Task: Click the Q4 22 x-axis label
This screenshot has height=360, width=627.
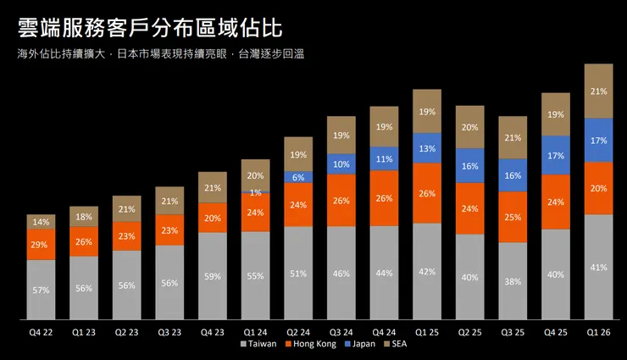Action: coord(41,332)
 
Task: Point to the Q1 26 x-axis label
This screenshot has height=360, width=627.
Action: coord(598,332)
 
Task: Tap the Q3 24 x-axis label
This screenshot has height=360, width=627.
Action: coord(341,332)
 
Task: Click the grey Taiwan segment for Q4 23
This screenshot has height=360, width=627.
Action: coord(212,276)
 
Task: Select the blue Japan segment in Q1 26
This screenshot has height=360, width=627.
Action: coord(598,140)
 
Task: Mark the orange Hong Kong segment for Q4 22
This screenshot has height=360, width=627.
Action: coord(41,244)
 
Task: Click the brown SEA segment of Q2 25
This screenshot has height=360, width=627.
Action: coord(469,127)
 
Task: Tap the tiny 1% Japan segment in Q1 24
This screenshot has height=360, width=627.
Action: coord(256,193)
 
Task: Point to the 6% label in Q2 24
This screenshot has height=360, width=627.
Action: coord(298,177)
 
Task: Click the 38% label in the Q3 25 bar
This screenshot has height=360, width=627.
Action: coord(513,281)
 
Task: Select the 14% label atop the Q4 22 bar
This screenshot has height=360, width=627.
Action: coord(41,222)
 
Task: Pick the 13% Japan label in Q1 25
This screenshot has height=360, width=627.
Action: coord(427,148)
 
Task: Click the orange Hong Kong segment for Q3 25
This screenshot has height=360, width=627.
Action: coord(513,217)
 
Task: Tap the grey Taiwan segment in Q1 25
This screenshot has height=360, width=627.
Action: coord(427,271)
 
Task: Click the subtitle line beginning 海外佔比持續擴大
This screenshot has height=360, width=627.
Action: coord(160,54)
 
